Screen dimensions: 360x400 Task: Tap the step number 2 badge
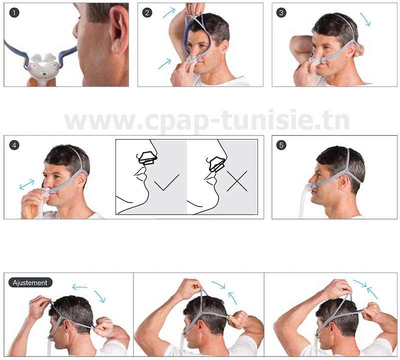[147, 12]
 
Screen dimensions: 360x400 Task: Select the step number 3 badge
[281, 12]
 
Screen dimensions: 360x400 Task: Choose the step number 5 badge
[281, 145]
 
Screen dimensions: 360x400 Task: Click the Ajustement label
[30, 282]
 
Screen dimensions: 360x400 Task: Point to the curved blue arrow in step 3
[366, 19]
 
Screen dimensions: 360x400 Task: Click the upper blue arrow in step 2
[169, 12]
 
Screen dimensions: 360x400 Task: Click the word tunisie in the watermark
[280, 120]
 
